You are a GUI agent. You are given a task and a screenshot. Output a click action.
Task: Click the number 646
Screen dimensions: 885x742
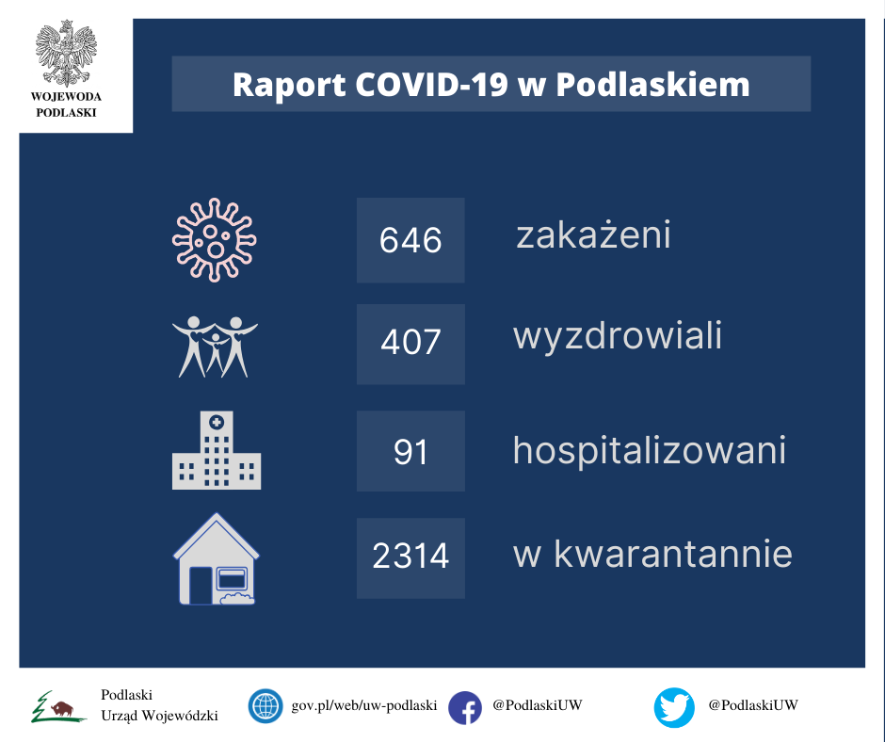(410, 240)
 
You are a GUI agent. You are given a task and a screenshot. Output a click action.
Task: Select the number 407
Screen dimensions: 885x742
(410, 342)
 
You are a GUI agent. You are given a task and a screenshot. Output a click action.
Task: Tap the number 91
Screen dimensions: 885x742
(410, 452)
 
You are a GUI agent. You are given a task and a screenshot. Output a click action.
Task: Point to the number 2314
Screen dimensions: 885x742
(410, 556)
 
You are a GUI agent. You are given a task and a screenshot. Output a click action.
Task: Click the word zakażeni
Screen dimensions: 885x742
(593, 234)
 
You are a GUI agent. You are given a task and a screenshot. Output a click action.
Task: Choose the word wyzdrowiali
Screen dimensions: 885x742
(618, 336)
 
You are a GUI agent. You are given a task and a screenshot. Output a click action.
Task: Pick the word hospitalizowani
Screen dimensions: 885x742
(649, 450)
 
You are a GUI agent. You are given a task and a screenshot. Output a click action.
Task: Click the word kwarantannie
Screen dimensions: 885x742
(673, 554)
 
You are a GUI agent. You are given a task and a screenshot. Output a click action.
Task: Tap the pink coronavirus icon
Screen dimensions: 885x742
(215, 240)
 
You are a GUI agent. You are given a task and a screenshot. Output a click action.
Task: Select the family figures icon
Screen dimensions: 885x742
(215, 347)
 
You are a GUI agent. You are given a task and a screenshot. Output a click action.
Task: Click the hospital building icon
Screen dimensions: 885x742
(217, 450)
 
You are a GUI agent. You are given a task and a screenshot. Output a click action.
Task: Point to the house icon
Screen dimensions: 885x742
(217, 559)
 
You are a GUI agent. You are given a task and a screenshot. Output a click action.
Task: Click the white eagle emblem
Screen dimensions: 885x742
(66, 53)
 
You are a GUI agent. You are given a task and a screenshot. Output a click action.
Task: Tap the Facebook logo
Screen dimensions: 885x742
(465, 707)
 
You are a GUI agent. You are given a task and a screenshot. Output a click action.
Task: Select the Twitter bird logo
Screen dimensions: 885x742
(674, 707)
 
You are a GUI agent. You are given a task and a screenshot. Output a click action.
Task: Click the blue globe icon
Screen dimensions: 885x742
(265, 706)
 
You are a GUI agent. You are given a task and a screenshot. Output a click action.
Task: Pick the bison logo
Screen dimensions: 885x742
(58, 707)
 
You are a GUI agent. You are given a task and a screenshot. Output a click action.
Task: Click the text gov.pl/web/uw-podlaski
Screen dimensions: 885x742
(364, 705)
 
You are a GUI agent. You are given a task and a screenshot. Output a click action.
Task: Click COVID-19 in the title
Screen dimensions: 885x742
(432, 85)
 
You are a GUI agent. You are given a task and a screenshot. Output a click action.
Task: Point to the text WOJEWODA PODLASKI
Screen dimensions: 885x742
(66, 105)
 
